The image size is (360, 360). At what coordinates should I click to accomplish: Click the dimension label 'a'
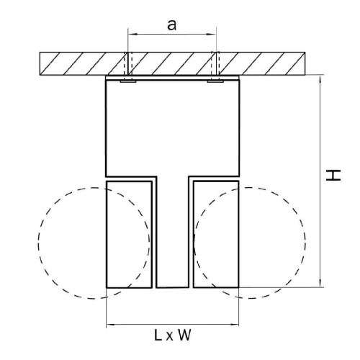tap(171, 25)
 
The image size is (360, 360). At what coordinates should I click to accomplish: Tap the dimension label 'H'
tap(333, 175)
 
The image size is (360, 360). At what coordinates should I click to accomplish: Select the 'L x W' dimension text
tap(173, 335)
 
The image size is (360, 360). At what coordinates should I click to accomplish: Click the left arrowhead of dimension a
tap(132, 35)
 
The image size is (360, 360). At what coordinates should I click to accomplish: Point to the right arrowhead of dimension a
tap(212, 35)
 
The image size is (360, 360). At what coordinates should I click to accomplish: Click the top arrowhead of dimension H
tap(320, 79)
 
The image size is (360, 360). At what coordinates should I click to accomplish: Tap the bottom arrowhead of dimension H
tap(320, 282)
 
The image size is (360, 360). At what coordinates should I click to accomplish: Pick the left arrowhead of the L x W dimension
tap(111, 325)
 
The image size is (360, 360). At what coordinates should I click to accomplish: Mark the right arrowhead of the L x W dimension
tap(235, 325)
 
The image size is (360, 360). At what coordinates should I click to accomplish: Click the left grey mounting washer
tap(128, 81)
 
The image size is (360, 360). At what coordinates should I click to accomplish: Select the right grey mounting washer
tap(215, 81)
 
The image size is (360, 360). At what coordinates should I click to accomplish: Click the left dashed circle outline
tap(38, 243)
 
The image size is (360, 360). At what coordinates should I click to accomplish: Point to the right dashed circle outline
tap(305, 243)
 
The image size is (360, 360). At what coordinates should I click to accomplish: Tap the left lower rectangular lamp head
tap(129, 235)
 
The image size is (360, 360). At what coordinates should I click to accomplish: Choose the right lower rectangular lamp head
tap(216, 235)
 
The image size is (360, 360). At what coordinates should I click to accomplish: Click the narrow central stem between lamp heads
tap(173, 232)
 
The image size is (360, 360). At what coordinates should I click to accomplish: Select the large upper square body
tap(173, 128)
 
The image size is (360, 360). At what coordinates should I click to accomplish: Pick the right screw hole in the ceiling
tap(215, 63)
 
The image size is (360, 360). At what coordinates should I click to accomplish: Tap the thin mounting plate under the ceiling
tap(172, 78)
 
